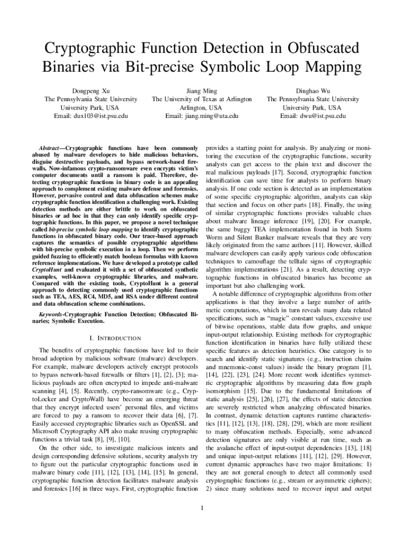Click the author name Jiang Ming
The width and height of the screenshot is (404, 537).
(x=201, y=91)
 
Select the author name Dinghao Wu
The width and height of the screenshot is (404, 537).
(x=313, y=91)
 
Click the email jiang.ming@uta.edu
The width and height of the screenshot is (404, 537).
(x=201, y=116)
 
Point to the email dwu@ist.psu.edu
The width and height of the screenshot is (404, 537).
(x=313, y=116)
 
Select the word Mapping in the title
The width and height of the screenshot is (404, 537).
(x=329, y=68)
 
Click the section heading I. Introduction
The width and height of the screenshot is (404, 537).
(x=115, y=338)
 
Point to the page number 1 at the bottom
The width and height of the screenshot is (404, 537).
(x=202, y=508)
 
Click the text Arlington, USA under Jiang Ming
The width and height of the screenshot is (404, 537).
(x=201, y=108)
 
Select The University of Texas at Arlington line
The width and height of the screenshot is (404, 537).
(x=201, y=99)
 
